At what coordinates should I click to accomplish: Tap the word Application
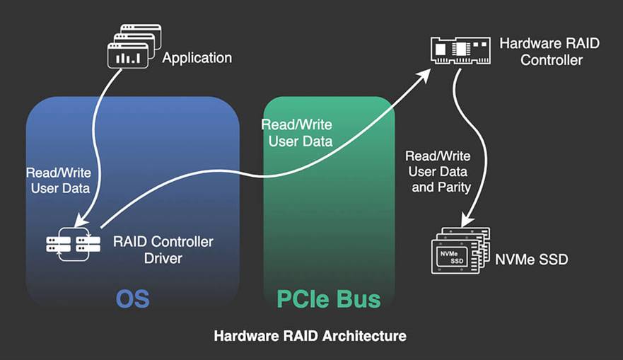(197, 58)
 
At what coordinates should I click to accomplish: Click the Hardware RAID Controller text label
(549, 52)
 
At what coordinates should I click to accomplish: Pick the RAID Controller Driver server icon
(73, 244)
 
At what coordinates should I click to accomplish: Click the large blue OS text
(133, 298)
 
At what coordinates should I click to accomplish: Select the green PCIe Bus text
(328, 298)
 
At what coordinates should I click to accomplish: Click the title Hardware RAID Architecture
(310, 335)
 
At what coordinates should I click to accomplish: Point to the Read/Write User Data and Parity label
(438, 171)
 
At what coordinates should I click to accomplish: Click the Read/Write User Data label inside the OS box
(58, 180)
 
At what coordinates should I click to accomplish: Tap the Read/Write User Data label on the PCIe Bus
(296, 132)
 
